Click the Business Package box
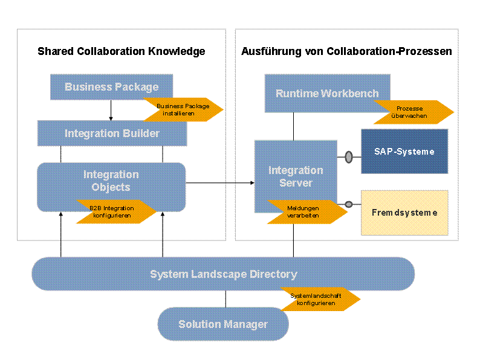111,87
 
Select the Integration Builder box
112,133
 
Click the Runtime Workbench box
327,93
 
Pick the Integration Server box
296,176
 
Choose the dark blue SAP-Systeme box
404,152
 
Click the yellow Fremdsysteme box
404,213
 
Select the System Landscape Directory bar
223,274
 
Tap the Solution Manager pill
223,324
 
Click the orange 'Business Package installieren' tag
183,109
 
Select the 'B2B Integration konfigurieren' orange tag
115,211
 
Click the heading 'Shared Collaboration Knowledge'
122,51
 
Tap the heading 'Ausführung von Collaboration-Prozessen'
346,51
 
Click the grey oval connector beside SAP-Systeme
349,157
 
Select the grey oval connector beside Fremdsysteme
349,204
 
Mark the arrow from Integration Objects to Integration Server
220,183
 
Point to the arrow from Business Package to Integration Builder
111,110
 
